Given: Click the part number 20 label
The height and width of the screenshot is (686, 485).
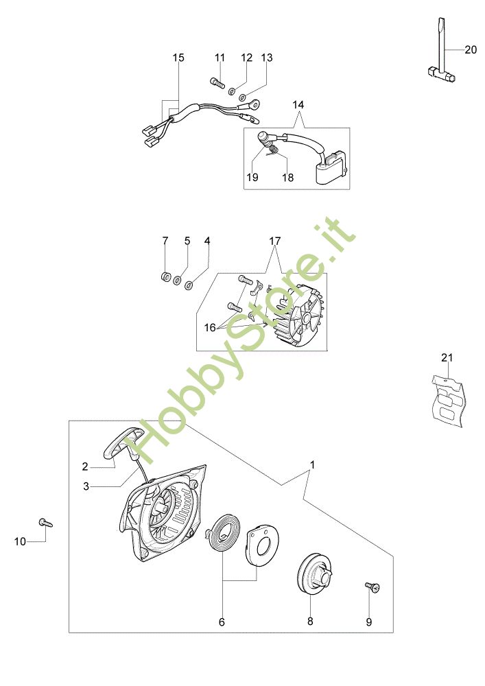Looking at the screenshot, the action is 470,49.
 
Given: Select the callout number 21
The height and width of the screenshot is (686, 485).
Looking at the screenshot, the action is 447,357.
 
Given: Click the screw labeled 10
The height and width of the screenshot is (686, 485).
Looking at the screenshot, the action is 47,523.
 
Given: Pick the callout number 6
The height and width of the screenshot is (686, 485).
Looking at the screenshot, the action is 222,622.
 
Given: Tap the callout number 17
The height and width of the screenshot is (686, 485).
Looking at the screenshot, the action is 274,241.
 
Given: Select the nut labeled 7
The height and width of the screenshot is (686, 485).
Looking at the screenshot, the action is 165,276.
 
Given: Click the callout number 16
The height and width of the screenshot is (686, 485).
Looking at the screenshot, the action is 210,328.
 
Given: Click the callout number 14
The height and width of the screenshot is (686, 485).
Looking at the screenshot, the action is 298,105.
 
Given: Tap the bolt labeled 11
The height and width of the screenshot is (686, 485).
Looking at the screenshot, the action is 217,83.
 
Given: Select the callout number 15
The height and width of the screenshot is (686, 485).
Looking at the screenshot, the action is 178,58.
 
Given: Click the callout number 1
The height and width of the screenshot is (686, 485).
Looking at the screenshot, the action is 312,464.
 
